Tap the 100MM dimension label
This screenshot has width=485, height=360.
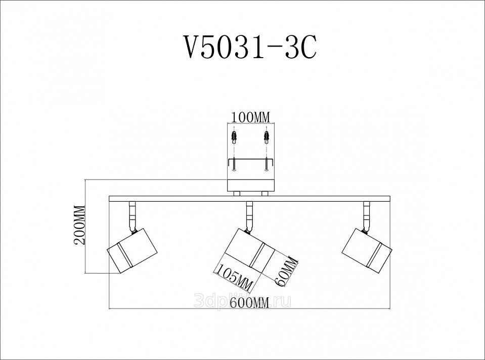coord(251,117)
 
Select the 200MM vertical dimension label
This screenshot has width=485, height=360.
coord(79,225)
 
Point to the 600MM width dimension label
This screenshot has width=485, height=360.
coord(249,302)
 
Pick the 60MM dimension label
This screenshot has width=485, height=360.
coord(285,271)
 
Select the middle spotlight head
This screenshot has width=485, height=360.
coord(249,251)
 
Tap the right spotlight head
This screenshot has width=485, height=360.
coord(367,251)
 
